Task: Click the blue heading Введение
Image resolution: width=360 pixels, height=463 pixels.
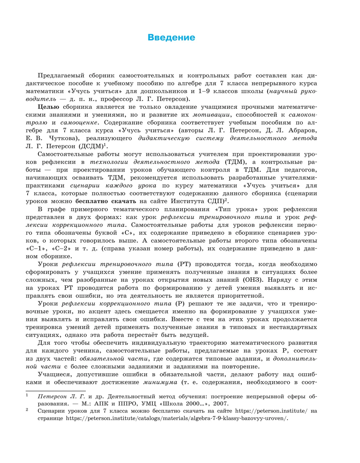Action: [171, 38]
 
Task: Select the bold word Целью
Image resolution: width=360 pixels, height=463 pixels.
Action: [48, 107]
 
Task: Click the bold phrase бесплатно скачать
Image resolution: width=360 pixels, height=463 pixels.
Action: [106, 201]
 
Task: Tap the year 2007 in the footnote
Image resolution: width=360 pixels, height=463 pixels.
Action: [221, 404]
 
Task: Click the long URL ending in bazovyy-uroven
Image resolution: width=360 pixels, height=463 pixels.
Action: [177, 418]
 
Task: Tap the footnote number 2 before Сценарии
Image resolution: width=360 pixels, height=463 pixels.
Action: [27, 410]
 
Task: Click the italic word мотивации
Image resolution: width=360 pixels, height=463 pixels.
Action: [211, 115]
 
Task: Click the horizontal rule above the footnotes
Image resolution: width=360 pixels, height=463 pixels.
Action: [56, 391]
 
